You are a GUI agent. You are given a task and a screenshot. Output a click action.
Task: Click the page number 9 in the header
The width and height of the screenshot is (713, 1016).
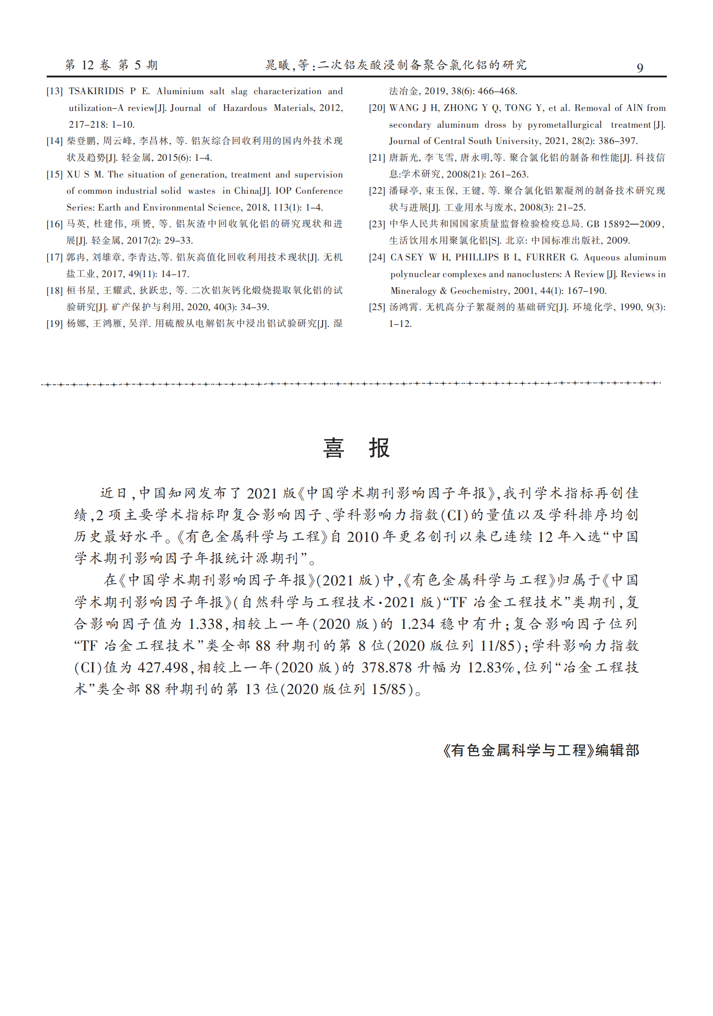tap(640, 68)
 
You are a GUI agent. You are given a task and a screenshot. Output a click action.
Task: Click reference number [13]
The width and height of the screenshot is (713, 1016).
tap(54, 91)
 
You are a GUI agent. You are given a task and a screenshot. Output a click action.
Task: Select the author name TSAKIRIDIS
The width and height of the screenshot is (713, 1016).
tap(96, 91)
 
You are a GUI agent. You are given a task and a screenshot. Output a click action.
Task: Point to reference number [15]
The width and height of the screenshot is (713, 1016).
tap(54, 175)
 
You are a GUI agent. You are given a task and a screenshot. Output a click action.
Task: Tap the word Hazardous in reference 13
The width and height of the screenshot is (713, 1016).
tap(245, 108)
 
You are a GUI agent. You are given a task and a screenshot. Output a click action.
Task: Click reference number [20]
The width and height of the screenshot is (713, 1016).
tap(377, 108)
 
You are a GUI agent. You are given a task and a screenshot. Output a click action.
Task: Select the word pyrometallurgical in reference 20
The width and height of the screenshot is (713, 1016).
tap(564, 125)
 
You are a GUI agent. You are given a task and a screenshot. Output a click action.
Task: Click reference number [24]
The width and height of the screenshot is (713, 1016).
tap(377, 258)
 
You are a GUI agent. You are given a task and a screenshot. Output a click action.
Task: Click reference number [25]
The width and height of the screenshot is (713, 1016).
tap(377, 307)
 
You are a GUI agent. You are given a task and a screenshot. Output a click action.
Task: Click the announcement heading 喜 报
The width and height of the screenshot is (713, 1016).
tap(356, 448)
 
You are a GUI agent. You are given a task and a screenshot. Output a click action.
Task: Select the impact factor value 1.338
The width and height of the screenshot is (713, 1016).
tap(205, 624)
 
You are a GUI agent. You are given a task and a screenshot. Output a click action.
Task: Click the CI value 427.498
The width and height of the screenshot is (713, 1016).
tap(163, 668)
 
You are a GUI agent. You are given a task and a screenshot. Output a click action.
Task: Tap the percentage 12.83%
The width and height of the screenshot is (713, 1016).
tap(491, 668)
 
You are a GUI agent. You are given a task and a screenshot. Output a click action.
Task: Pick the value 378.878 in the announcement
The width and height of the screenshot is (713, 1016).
tap(386, 668)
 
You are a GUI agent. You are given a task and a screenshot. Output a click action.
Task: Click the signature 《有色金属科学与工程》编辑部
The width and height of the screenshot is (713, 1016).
tap(541, 751)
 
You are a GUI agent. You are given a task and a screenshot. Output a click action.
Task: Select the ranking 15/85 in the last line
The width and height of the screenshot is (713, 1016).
tap(388, 690)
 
